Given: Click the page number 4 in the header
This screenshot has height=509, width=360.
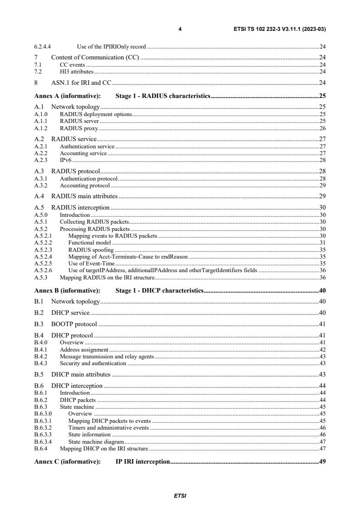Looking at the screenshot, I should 180,29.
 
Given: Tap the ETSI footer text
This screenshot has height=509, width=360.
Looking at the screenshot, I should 180,496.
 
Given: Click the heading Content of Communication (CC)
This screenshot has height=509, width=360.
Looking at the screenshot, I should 95,58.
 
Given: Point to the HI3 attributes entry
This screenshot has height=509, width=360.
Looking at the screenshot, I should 76,72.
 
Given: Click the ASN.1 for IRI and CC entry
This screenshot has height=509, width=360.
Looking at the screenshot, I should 81,83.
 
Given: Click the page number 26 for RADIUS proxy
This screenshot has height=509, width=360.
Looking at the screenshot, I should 322,128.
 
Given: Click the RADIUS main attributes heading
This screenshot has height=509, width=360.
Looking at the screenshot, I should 84,196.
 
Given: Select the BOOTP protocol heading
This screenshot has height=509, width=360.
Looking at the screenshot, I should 74,324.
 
